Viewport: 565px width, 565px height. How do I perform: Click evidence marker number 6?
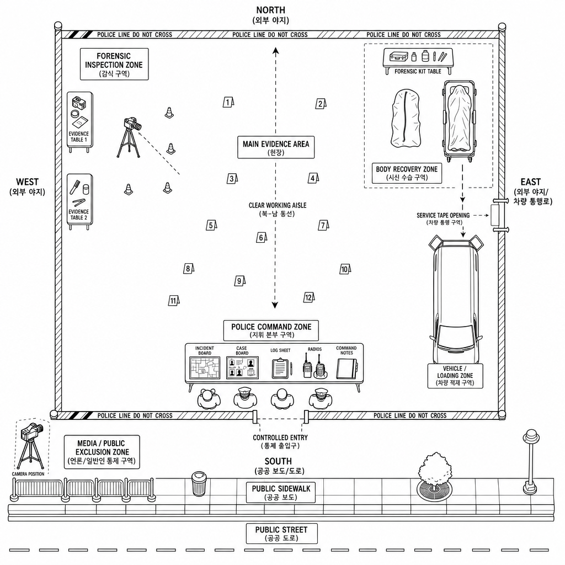[262, 237]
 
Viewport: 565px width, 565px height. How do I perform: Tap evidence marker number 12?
[309, 297]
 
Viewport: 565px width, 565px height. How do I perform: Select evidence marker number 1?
[228, 102]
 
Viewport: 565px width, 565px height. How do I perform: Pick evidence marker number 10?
[345, 269]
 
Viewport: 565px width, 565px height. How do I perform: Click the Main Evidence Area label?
[276, 147]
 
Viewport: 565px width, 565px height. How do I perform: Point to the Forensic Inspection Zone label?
[114, 64]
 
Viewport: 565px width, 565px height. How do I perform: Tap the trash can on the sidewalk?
[199, 483]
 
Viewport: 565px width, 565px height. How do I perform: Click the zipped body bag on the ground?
[406, 119]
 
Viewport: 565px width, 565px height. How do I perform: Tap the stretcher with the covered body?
[459, 121]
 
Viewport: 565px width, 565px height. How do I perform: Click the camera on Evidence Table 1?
[79, 103]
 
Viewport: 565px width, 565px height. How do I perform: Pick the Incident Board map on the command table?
[205, 368]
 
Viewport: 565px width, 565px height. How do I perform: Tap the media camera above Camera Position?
[31, 431]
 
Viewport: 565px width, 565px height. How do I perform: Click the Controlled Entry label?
[280, 441]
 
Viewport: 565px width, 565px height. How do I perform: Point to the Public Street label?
[281, 534]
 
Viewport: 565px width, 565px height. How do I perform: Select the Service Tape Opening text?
[443, 216]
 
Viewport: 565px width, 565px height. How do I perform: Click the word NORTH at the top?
[270, 10]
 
